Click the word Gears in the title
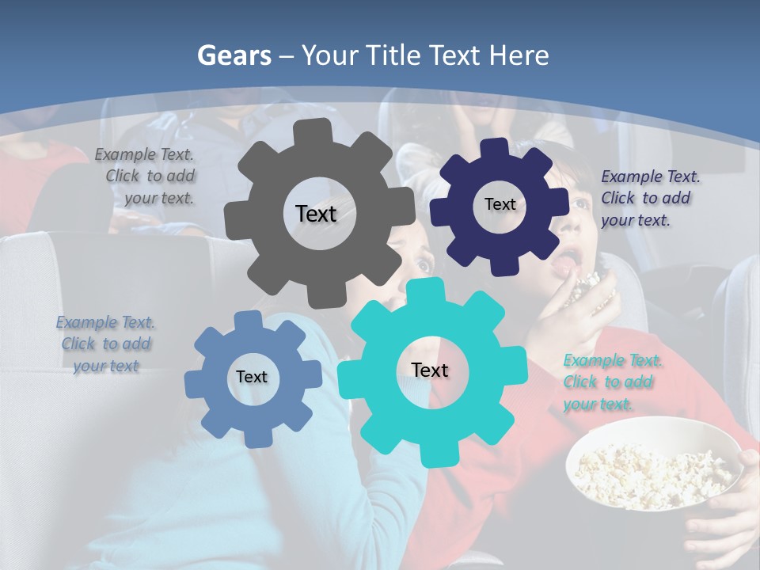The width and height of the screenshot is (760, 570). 233,55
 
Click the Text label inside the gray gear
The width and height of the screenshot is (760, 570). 316,214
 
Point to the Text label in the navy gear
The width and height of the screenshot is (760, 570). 500,204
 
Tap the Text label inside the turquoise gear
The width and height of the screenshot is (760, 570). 430,370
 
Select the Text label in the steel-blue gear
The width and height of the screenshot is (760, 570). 252,377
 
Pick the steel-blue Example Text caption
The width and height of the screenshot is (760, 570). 106,344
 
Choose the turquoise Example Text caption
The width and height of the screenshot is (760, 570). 609,382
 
